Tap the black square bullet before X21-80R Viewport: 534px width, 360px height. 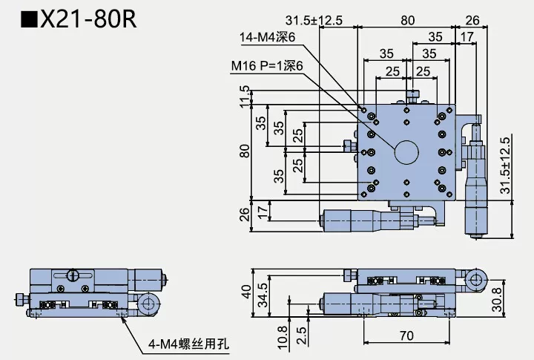point(29,19)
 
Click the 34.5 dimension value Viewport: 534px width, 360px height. point(262,295)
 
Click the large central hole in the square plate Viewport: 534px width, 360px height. point(406,152)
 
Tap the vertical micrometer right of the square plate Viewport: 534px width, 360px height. point(473,186)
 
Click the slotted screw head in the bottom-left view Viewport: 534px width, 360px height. point(73,275)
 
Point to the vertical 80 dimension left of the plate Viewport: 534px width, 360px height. point(245,151)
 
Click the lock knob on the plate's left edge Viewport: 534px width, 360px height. point(348,145)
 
